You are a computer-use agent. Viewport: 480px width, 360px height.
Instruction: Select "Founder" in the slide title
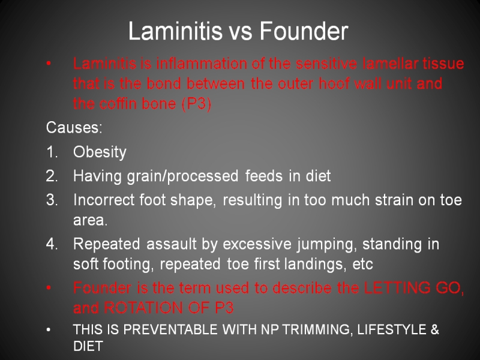pyautogui.click(x=304, y=31)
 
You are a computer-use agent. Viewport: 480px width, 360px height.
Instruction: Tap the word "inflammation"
pyautogui.click(x=202, y=64)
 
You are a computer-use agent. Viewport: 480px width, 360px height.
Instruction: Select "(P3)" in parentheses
pyautogui.click(x=197, y=104)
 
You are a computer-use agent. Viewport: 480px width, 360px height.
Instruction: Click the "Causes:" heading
pyautogui.click(x=74, y=127)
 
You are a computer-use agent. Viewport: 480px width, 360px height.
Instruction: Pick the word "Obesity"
pyautogui.click(x=100, y=152)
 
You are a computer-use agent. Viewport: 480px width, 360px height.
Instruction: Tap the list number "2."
pyautogui.click(x=52, y=176)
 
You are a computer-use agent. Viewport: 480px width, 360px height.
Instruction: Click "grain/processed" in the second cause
pyautogui.click(x=182, y=176)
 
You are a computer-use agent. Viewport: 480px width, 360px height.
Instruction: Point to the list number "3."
pyautogui.click(x=52, y=200)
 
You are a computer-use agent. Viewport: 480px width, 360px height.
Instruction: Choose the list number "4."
pyautogui.click(x=52, y=244)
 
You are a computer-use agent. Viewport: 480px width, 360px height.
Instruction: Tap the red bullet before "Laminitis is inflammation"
pyautogui.click(x=49, y=64)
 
